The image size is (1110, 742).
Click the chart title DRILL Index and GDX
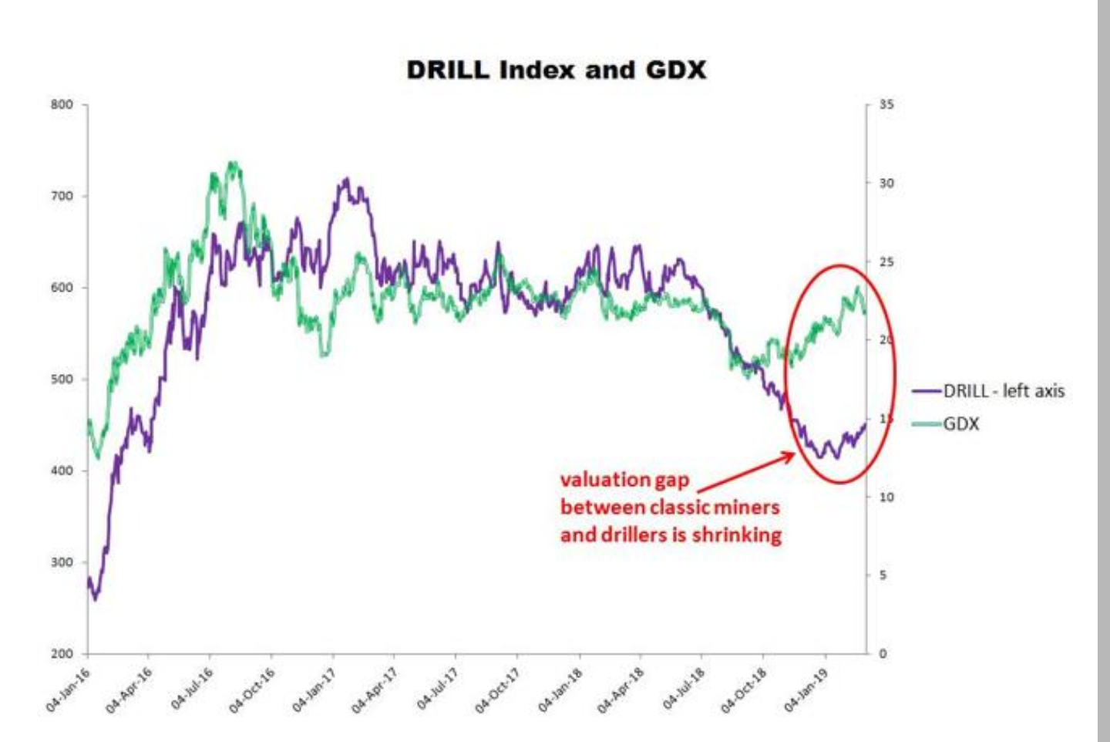coord(556,70)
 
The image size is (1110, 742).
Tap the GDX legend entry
coord(960,423)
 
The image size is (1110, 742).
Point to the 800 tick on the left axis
coord(62,105)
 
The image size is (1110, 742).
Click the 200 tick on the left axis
coord(62,654)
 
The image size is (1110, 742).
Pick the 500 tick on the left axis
coord(62,379)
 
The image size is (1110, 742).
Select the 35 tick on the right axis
coord(886,105)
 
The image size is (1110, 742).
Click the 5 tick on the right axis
coord(883,575)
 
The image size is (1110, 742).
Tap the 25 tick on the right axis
coord(886,262)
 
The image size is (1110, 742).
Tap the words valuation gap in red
coord(624,480)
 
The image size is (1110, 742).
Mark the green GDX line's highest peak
coord(233,164)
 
